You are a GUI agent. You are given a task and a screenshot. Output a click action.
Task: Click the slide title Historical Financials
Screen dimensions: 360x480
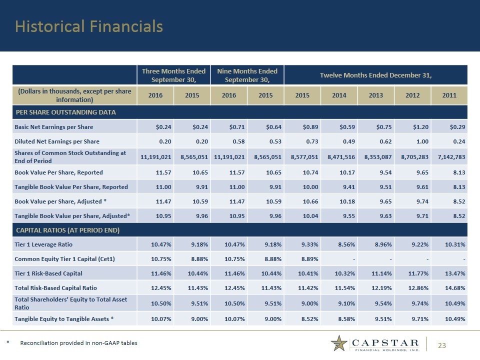(89, 26)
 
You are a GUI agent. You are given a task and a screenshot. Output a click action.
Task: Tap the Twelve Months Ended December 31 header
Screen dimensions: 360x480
(375, 75)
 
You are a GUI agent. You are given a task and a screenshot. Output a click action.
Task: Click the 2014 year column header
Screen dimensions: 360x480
(339, 95)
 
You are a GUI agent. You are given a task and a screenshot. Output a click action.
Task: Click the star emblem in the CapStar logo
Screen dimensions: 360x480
(340, 343)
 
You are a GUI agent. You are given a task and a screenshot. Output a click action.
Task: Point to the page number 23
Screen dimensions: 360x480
(442, 344)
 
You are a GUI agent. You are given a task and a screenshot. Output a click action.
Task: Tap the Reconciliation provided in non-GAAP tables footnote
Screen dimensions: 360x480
(78, 343)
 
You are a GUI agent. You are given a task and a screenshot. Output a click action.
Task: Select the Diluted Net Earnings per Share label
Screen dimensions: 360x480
(56, 141)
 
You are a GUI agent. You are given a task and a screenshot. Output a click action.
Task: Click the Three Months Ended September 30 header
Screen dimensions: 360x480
(173, 75)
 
